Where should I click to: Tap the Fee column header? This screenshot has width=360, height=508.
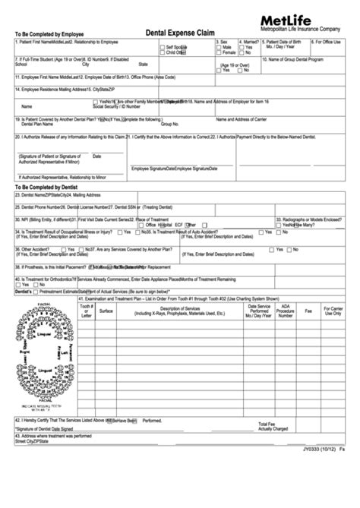(x=308, y=311)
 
